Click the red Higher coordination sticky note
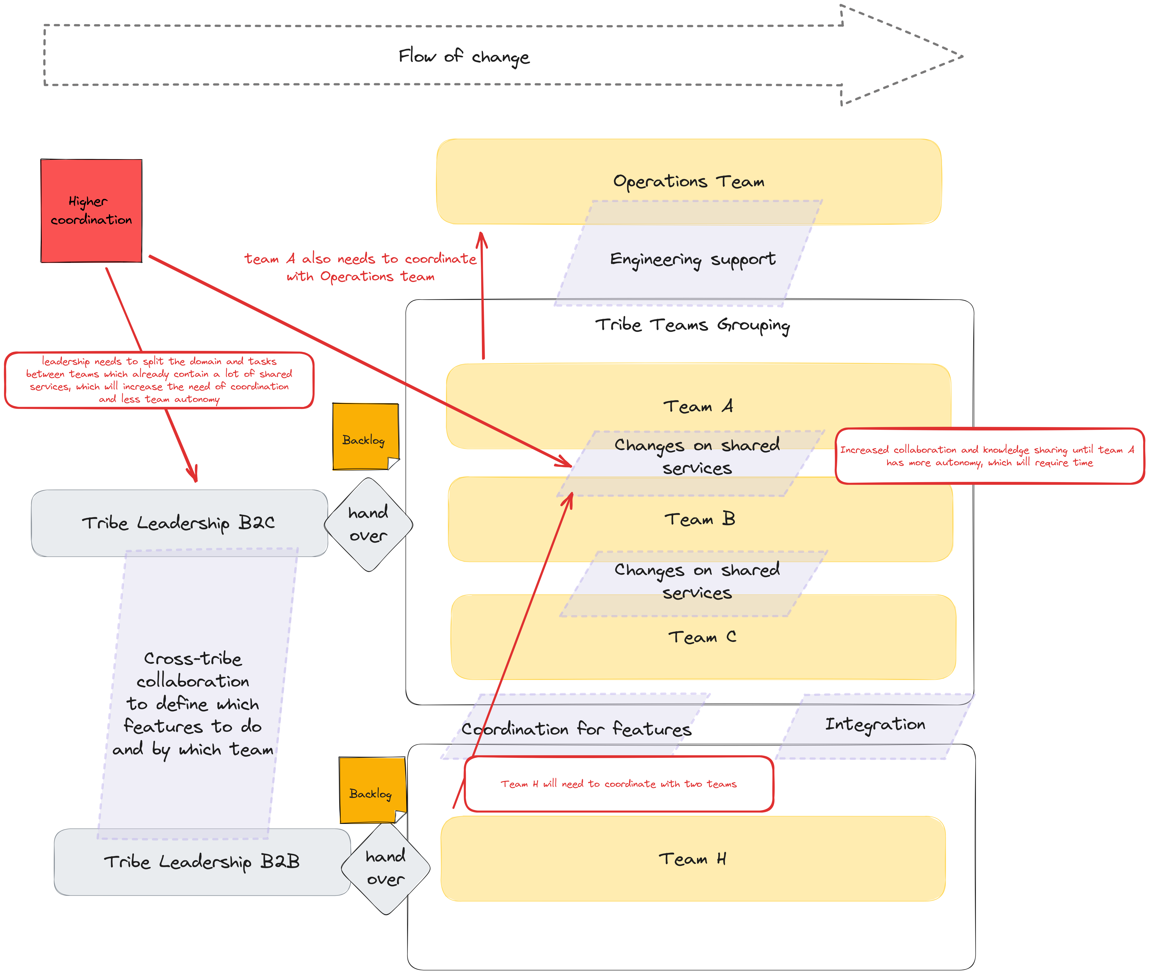coord(91,211)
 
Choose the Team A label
coord(698,406)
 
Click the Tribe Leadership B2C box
coord(178,523)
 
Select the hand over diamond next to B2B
coord(386,868)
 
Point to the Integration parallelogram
coord(875,725)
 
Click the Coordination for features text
coord(576,729)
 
